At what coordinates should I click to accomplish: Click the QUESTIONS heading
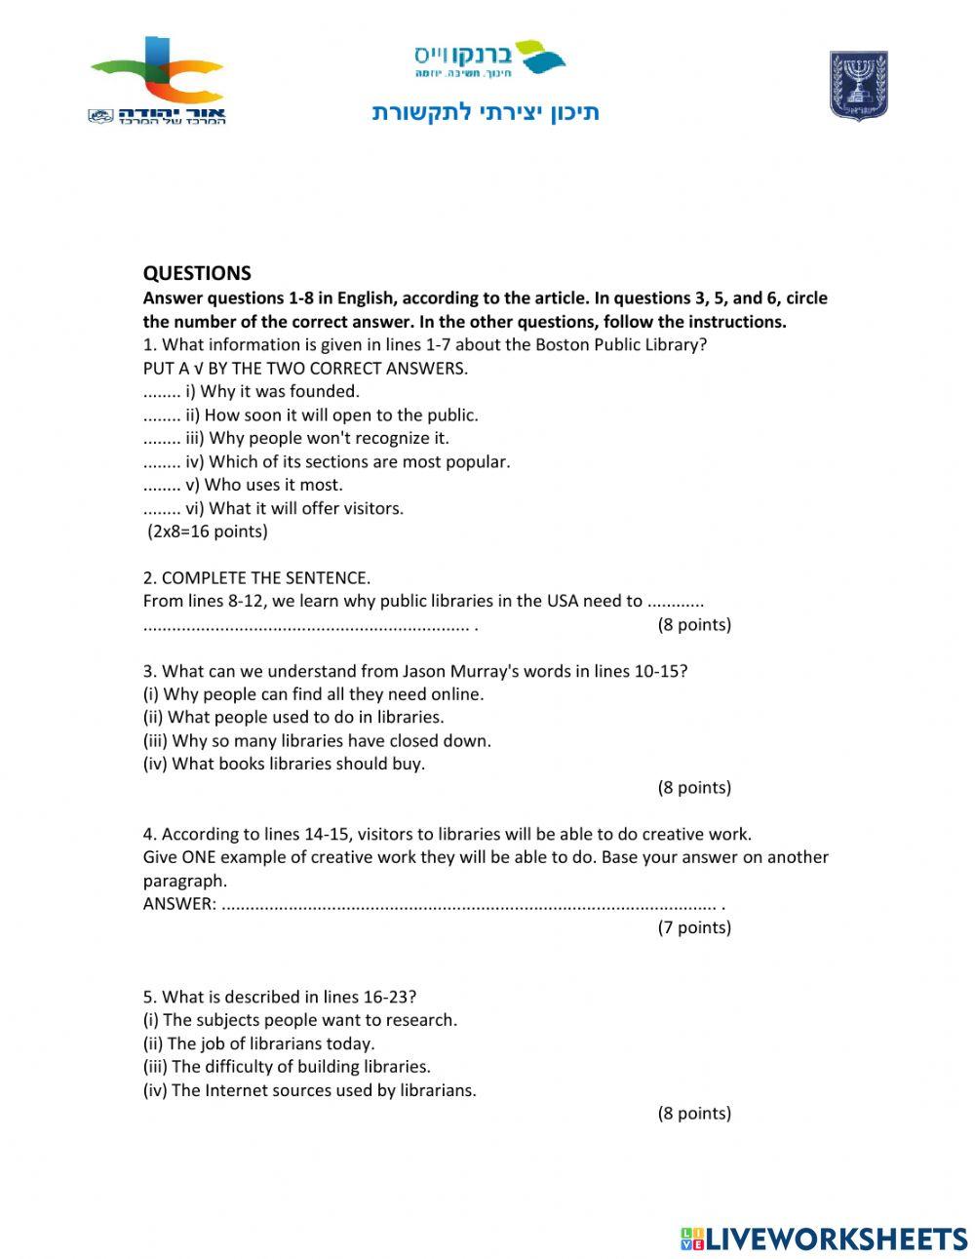tap(197, 273)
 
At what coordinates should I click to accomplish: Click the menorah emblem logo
tap(858, 86)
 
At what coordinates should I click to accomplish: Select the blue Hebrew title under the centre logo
tap(486, 113)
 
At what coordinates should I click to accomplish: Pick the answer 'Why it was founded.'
tap(280, 391)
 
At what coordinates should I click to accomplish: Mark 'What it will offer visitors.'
tap(305, 508)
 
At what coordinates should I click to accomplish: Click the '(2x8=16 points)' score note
tap(207, 531)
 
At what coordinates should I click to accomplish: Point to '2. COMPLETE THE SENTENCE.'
tap(256, 577)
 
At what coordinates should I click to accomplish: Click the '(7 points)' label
tap(693, 927)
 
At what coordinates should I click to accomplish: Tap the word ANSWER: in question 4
tap(179, 904)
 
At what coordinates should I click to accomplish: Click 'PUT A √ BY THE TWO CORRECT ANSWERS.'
tap(305, 368)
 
